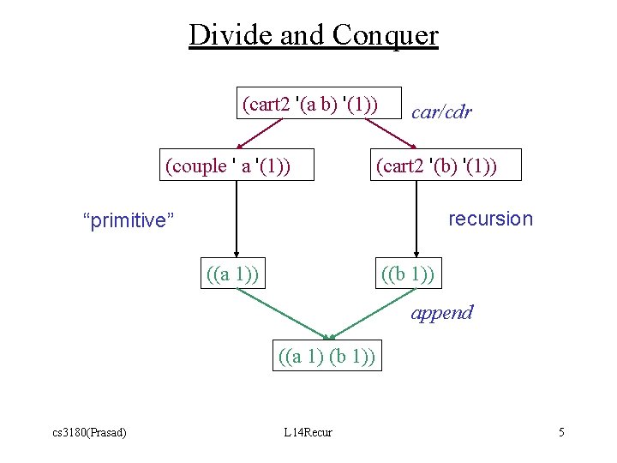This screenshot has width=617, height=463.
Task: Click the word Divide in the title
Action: [x=225, y=35]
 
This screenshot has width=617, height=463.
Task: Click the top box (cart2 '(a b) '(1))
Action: [x=309, y=104]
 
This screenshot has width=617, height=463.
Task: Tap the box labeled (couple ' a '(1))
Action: [x=227, y=165]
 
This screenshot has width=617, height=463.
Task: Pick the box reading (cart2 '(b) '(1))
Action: [x=435, y=165]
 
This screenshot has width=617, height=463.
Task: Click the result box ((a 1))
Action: [x=232, y=274]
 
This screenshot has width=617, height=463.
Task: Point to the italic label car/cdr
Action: [x=441, y=112]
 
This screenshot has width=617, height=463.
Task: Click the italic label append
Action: [x=441, y=313]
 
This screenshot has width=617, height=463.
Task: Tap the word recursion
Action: [x=490, y=219]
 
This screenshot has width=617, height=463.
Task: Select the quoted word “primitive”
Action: [x=128, y=221]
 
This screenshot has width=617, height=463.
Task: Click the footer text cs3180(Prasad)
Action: [x=88, y=432]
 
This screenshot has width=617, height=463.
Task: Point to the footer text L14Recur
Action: [x=308, y=432]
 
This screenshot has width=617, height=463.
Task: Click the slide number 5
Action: [x=561, y=432]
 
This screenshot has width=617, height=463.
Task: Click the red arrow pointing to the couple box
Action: [x=260, y=134]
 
